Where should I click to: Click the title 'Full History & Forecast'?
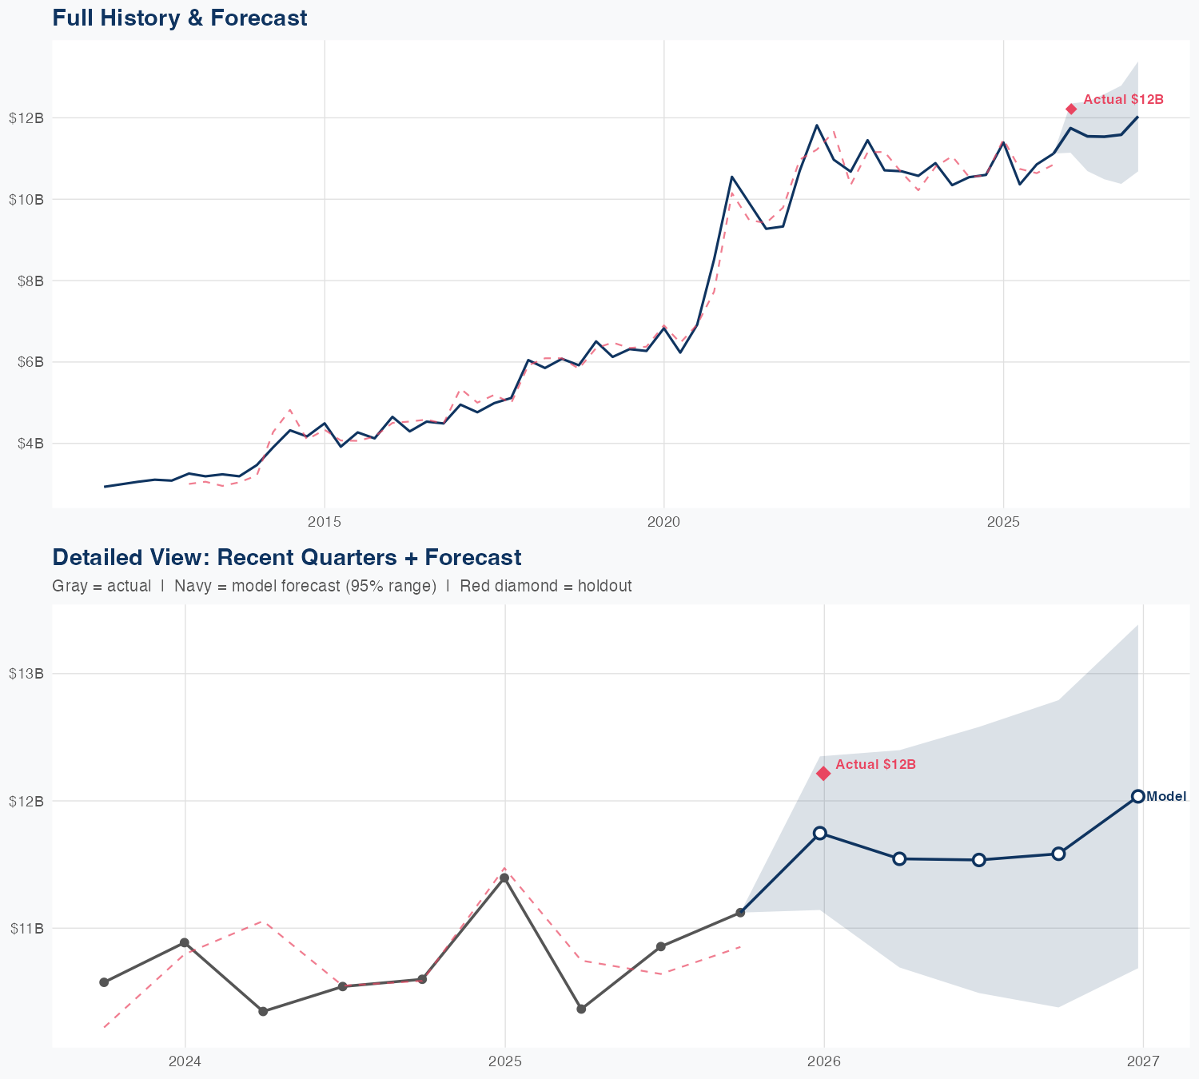click(x=179, y=18)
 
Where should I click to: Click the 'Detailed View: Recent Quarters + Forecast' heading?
click(x=286, y=557)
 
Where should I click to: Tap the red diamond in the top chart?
click(x=1071, y=109)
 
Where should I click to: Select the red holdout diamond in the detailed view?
click(x=823, y=773)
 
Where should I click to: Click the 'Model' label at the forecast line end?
click(x=1166, y=796)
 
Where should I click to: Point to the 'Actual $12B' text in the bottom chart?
click(x=875, y=765)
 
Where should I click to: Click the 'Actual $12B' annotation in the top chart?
click(x=1123, y=100)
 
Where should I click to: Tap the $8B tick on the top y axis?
click(x=26, y=281)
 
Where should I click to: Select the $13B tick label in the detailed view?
click(x=26, y=673)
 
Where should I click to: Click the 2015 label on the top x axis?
click(x=325, y=523)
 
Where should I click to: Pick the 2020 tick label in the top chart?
click(x=663, y=523)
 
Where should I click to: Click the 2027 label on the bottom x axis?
click(x=1143, y=1062)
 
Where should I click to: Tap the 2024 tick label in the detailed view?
click(x=185, y=1062)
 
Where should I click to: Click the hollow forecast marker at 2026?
click(x=819, y=833)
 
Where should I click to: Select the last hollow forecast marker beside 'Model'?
click(x=1137, y=796)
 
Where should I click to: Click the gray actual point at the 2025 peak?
click(x=504, y=878)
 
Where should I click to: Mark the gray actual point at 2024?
click(x=185, y=943)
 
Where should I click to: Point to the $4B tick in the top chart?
click(x=26, y=443)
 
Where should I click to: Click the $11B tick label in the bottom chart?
click(x=26, y=928)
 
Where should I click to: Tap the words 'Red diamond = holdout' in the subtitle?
click(x=545, y=586)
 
